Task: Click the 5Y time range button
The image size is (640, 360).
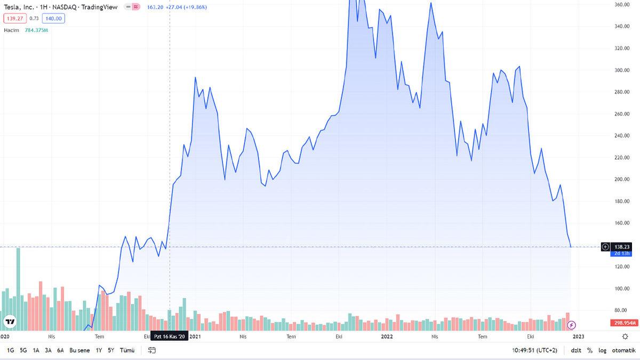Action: tap(111, 350)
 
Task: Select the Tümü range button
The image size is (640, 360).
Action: tap(127, 350)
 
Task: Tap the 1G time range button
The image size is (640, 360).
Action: tap(11, 350)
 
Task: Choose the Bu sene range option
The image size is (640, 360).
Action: tap(79, 350)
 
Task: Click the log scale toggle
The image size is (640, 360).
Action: tap(602, 350)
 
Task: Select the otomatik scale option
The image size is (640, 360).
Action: tap(623, 350)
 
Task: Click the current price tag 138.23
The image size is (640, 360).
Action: tap(622, 246)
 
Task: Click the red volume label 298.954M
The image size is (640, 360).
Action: tap(622, 323)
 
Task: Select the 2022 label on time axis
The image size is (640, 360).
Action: tap(387, 337)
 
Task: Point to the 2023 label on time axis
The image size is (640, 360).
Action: tap(579, 337)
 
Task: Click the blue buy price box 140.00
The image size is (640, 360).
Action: tap(53, 18)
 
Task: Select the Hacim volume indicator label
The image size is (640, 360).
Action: tap(11, 30)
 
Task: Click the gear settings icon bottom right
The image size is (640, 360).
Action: tap(625, 337)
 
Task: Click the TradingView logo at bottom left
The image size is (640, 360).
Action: tap(10, 322)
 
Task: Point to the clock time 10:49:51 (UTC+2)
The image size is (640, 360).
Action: tap(534, 350)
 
